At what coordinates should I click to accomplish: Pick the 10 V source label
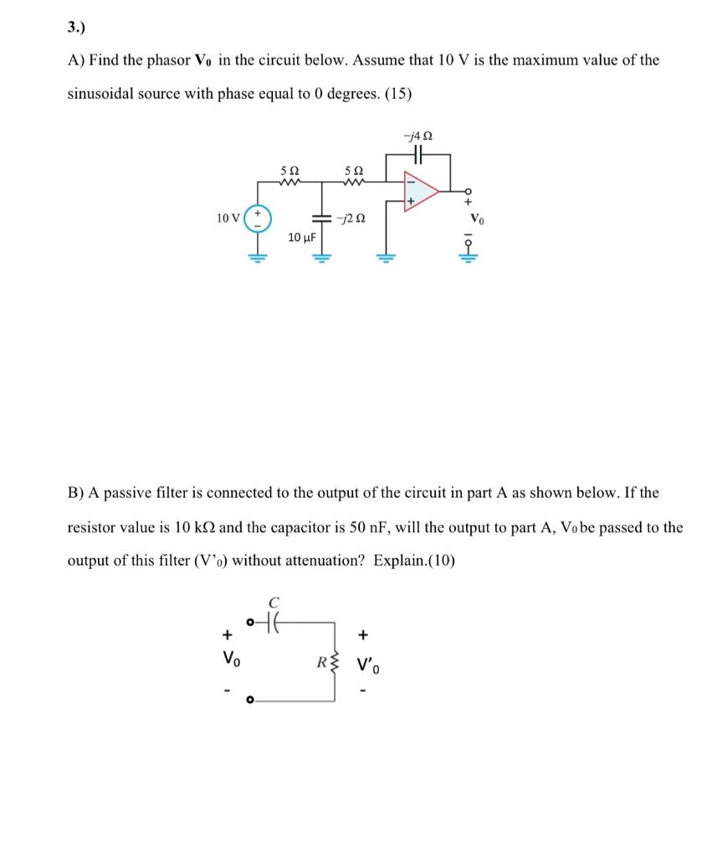tap(227, 218)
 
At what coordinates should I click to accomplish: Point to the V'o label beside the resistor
tap(367, 668)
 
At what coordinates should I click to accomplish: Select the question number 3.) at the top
tap(76, 26)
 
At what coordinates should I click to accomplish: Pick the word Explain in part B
tap(401, 561)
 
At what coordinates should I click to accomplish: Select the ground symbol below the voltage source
tap(258, 254)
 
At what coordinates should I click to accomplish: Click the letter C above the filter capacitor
tap(274, 601)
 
